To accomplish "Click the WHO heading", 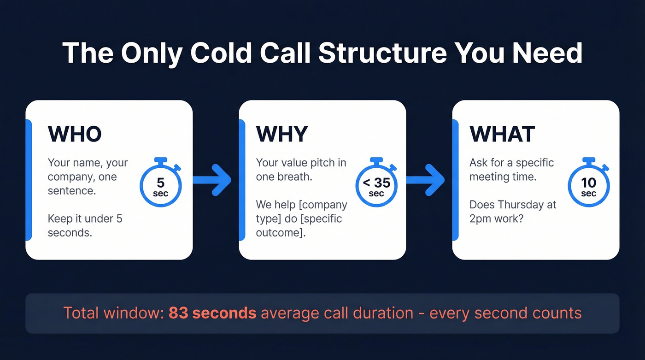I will (75, 134).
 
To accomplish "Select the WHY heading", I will (281, 134).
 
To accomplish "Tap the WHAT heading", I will (502, 134).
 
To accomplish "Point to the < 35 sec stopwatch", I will (376, 185).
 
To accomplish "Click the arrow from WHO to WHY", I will (212, 180).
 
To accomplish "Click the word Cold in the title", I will (221, 53).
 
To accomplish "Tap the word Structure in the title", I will (382, 53).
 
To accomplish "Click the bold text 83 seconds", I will (212, 313).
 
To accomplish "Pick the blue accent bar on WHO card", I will (29, 180).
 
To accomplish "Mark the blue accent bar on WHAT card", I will (455, 180).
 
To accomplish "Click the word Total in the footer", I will (81, 313).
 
